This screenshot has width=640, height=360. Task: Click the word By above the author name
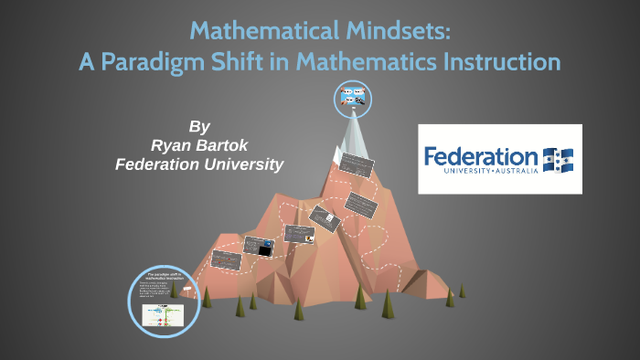point(199,126)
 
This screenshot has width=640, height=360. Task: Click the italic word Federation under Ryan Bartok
point(154,164)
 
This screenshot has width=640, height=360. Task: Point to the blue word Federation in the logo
point(481,155)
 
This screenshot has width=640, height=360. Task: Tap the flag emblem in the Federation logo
point(558,158)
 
